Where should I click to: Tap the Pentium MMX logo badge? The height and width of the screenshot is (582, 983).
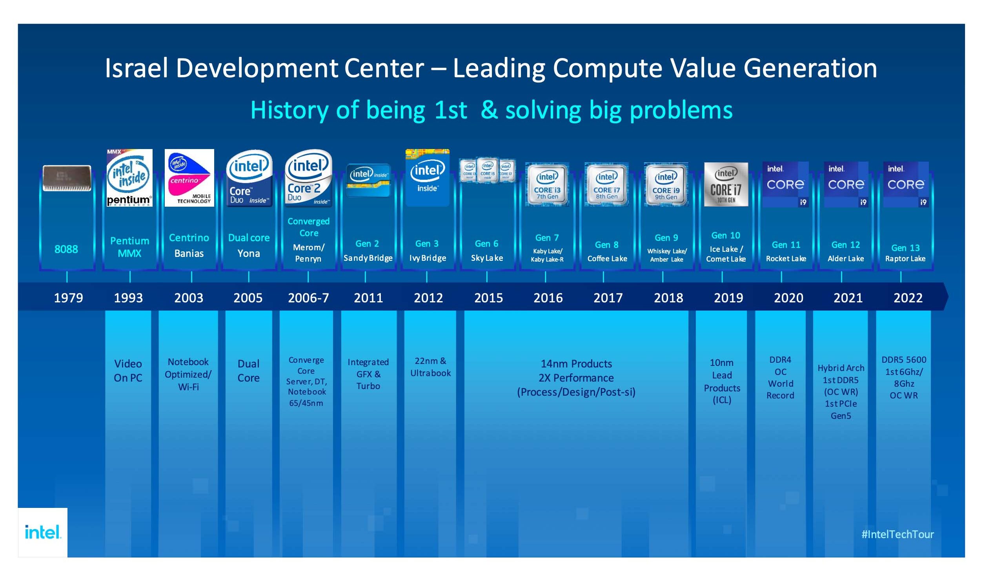[129, 178]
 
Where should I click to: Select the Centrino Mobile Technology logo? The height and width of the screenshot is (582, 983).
[189, 178]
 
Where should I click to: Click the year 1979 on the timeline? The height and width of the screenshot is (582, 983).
[68, 298]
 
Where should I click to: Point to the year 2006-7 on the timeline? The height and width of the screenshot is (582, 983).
[308, 298]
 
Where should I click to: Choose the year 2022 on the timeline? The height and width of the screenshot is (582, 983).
[908, 298]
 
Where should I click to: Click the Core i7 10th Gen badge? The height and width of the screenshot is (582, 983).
[726, 184]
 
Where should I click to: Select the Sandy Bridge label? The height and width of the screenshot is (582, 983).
[368, 258]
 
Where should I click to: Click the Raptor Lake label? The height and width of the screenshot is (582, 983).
[905, 259]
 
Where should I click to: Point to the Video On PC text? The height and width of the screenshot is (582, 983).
[128, 371]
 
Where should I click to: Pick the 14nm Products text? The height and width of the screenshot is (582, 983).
[576, 364]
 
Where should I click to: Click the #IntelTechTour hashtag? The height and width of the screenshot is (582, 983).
[897, 534]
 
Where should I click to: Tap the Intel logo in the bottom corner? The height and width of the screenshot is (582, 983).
[43, 532]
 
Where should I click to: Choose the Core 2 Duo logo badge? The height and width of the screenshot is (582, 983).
[308, 178]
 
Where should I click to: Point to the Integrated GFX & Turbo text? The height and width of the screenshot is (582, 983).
[368, 374]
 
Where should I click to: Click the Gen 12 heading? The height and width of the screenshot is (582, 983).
[845, 245]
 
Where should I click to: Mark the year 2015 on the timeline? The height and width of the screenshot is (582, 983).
[488, 298]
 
